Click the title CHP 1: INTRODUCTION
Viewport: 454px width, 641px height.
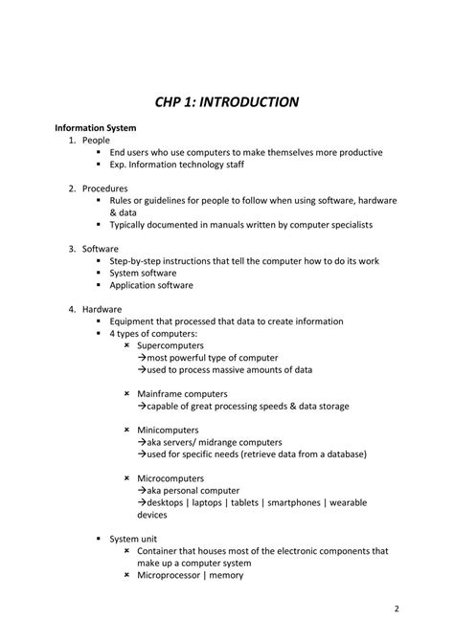[227, 101]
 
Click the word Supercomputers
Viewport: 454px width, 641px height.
[170, 345]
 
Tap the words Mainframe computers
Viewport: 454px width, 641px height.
[182, 394]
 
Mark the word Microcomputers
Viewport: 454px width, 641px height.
[170, 478]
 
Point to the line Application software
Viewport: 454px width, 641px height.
[151, 285]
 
